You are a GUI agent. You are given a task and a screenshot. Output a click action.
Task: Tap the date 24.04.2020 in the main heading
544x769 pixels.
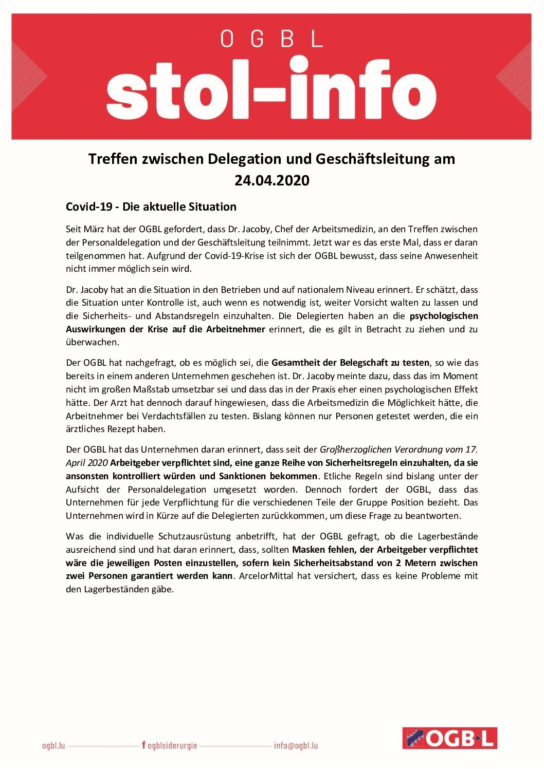272,180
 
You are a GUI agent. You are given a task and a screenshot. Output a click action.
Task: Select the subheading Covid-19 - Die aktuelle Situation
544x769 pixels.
151,207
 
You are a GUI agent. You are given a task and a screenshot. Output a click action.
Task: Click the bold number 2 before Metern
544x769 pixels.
399,563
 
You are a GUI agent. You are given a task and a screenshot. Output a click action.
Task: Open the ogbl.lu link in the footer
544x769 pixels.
53,745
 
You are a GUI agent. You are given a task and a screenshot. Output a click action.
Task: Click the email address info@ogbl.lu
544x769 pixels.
296,745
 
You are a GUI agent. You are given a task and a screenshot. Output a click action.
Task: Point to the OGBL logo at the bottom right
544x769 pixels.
449,738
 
